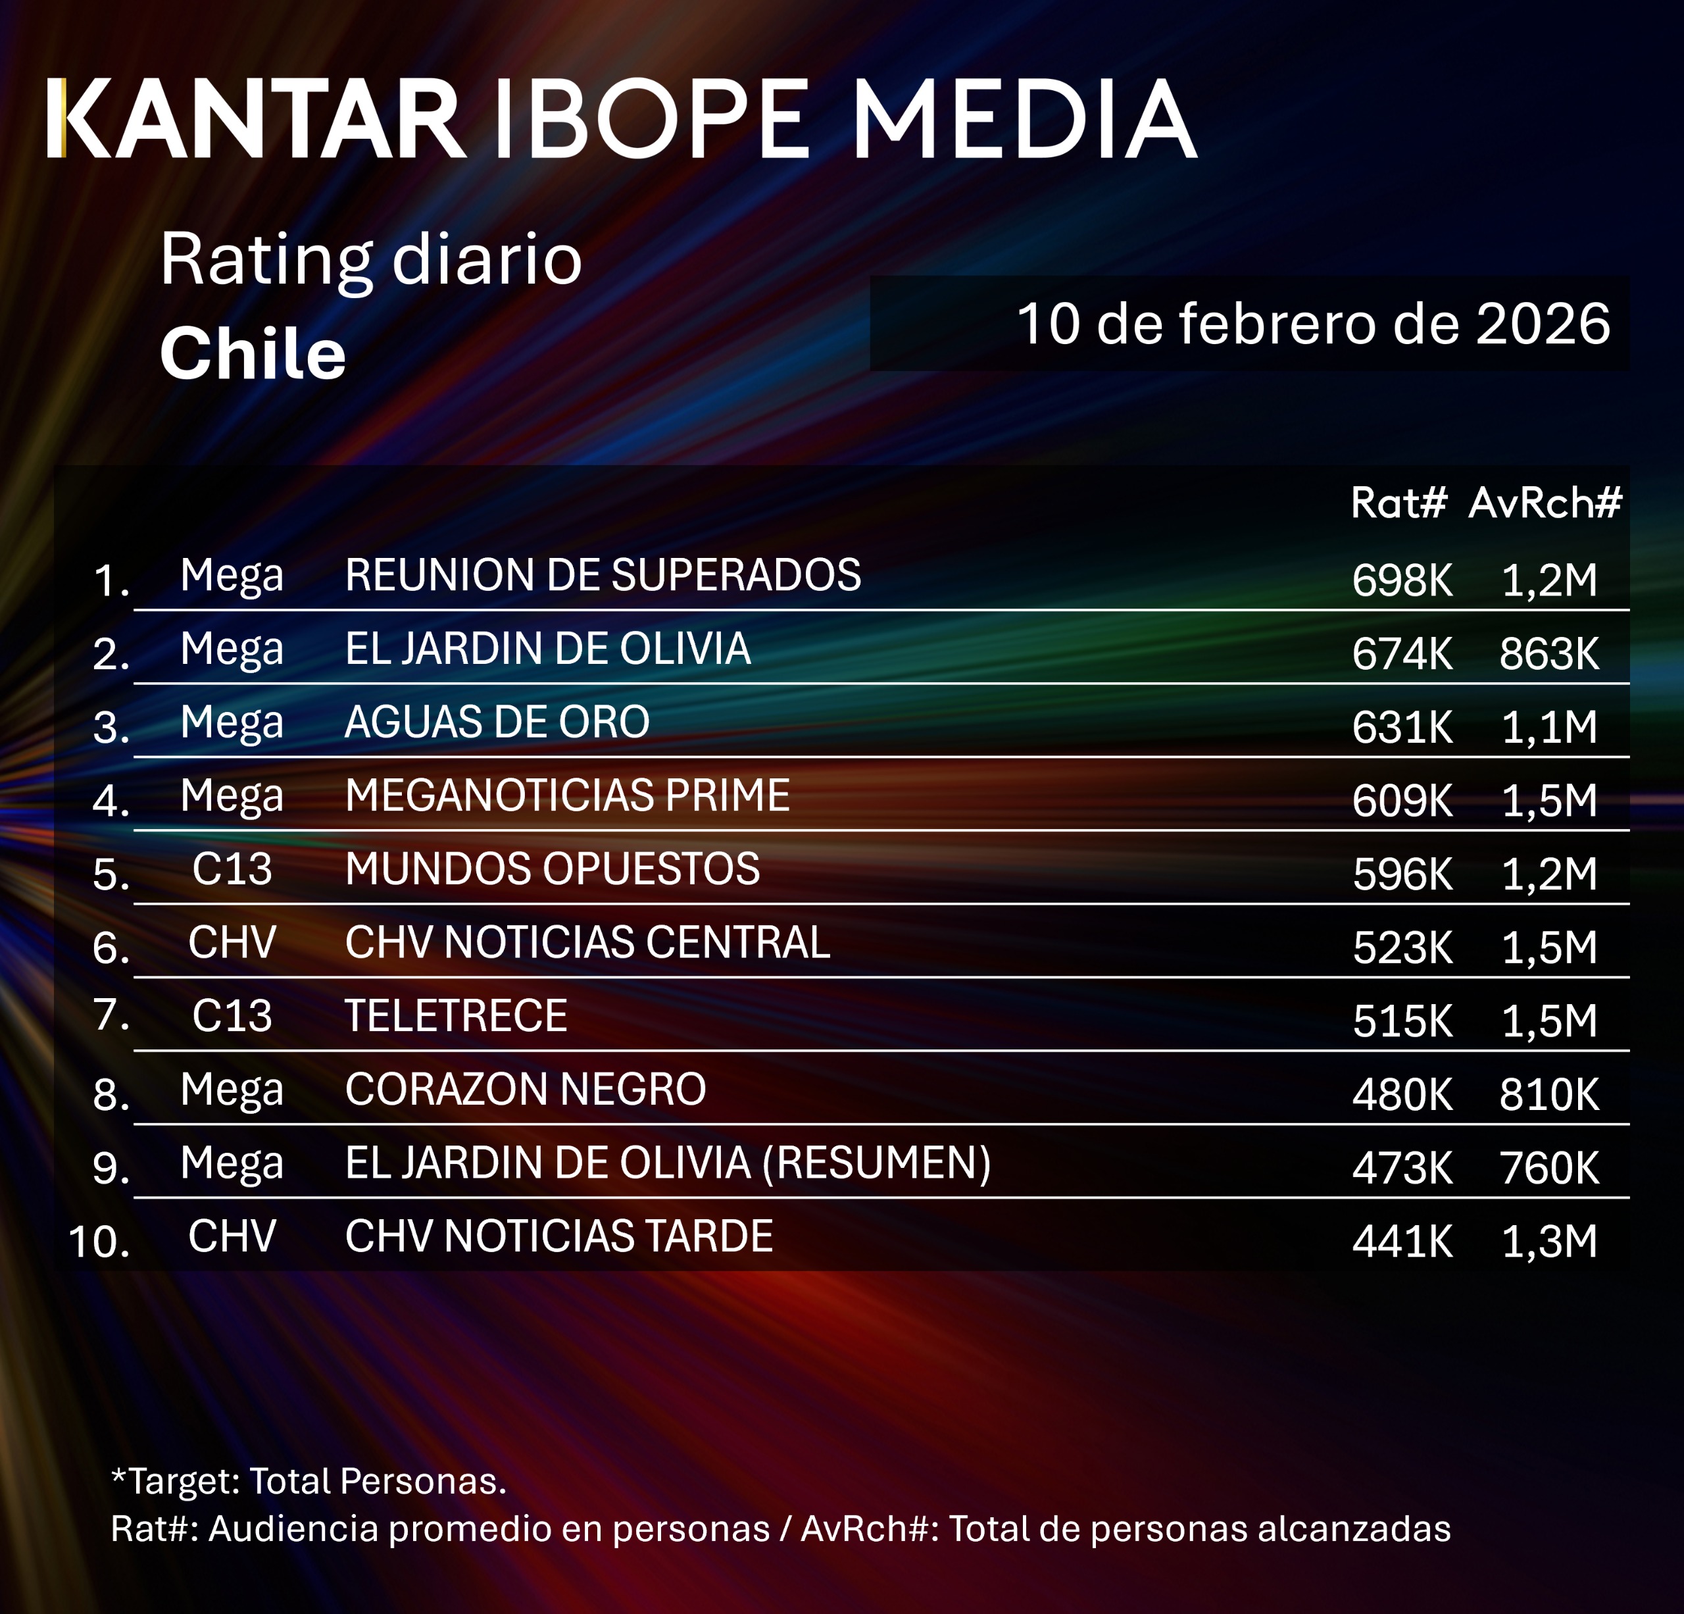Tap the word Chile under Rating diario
(x=253, y=354)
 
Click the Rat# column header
(x=1398, y=503)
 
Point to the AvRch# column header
(x=1544, y=503)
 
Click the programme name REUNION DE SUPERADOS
(x=603, y=575)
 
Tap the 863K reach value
(x=1549, y=654)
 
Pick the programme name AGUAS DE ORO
(x=497, y=722)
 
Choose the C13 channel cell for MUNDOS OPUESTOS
(x=232, y=869)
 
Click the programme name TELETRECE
(x=455, y=1016)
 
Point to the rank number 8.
(x=110, y=1095)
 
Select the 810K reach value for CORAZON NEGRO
(x=1549, y=1095)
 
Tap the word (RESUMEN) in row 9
(x=876, y=1163)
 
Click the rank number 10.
(x=98, y=1242)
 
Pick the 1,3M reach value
(x=1549, y=1242)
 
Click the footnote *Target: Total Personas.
(x=309, y=1481)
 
